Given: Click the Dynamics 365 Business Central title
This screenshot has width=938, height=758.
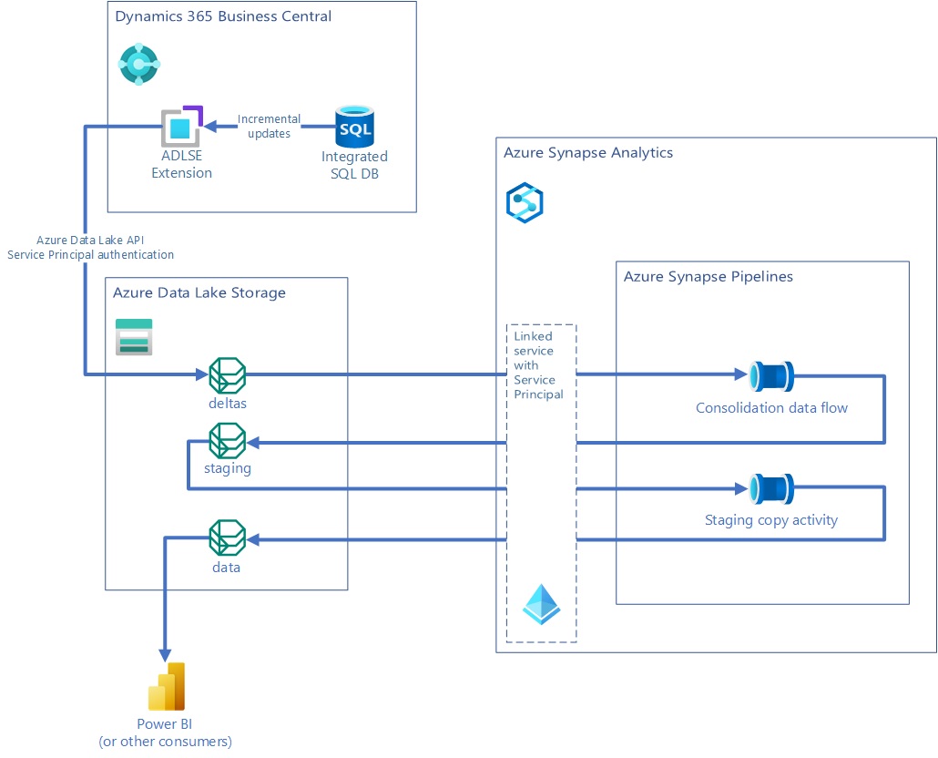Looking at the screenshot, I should [223, 16].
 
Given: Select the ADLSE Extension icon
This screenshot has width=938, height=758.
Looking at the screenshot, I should [180, 128].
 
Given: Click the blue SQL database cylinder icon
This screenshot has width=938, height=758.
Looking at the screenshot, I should [354, 128].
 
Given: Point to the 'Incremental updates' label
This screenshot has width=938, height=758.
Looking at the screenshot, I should [269, 127].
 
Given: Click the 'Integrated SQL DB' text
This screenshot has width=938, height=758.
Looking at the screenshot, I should [354, 165].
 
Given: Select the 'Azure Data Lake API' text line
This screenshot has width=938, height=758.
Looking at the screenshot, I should [90, 240].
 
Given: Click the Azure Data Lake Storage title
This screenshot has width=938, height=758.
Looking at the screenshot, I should [199, 292].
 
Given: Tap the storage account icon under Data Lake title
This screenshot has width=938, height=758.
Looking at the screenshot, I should [134, 336].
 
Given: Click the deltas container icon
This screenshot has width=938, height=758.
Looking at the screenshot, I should [227, 374].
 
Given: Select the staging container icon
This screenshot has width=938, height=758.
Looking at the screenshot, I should [227, 442].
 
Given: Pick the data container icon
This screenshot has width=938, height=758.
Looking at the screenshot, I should [227, 538].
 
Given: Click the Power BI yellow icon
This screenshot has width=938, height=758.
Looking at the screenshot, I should [167, 687].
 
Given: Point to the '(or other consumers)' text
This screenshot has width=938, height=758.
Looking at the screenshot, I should [165, 742].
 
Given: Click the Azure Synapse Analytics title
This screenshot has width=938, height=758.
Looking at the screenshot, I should [587, 152].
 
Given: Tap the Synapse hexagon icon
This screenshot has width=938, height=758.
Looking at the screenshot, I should [525, 202].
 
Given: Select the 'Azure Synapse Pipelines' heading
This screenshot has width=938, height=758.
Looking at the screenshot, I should [708, 276].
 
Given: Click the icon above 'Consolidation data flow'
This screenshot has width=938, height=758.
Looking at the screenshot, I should [771, 375].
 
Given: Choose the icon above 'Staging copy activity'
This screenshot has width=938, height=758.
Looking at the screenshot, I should [771, 489].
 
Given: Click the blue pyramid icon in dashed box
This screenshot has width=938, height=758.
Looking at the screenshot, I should [542, 603].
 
